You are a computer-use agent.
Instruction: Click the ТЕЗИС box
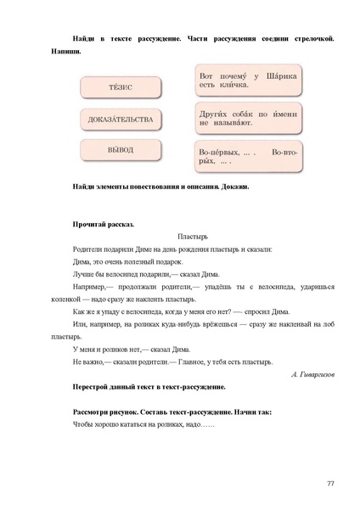coord(121,88)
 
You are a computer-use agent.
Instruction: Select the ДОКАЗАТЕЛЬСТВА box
coord(121,120)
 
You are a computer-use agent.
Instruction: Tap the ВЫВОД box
coord(121,151)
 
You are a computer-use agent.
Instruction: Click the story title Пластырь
coord(194,237)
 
